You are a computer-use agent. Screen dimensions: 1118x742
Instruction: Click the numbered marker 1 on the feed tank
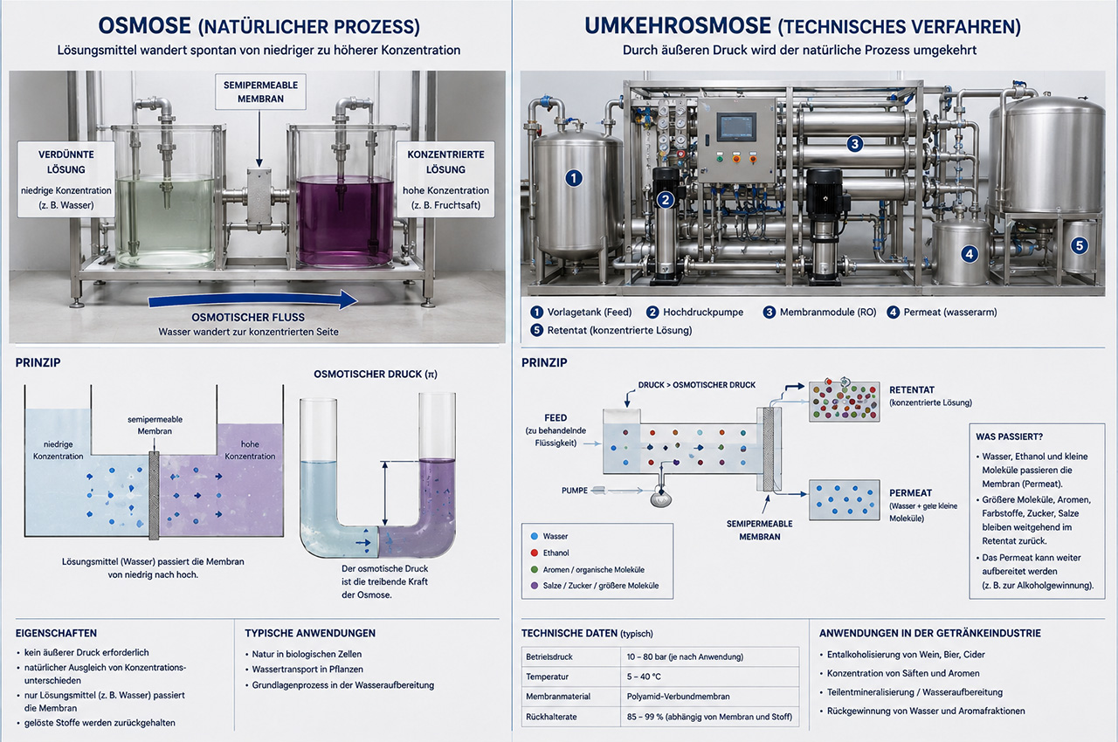point(574,178)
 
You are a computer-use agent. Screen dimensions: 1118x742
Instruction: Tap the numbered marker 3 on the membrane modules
point(854,144)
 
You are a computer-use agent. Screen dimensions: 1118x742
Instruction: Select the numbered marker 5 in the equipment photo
point(1079,245)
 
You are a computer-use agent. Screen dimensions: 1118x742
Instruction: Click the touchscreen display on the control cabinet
point(736,127)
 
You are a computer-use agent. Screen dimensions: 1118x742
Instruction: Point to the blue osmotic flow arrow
point(252,300)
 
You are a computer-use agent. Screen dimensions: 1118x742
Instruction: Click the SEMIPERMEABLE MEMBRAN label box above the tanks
point(260,92)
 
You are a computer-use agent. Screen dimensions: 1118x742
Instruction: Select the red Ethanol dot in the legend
point(534,553)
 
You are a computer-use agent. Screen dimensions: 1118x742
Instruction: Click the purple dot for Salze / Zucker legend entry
point(534,586)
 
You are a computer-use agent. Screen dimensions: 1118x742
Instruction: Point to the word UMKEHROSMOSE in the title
point(678,26)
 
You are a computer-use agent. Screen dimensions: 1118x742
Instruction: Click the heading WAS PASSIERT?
point(1009,436)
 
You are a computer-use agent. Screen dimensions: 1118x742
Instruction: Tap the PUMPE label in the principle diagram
point(575,491)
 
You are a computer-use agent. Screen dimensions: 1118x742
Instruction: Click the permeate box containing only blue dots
point(844,499)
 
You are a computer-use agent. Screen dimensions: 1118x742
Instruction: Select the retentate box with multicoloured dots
point(844,401)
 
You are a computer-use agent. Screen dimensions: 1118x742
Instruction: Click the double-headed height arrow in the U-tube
point(385,492)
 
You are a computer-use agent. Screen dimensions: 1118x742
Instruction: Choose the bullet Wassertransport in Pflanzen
point(307,670)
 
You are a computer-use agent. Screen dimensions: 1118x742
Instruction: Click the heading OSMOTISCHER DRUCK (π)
point(376,374)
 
